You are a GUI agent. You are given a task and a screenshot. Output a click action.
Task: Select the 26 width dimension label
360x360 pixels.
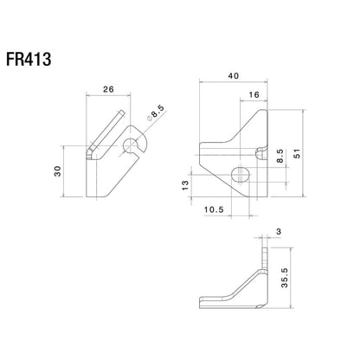coord(110,87)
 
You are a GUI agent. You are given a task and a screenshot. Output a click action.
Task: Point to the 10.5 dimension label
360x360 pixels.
coord(213,208)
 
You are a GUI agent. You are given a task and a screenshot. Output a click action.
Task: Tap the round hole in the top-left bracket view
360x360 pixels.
coord(133,144)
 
